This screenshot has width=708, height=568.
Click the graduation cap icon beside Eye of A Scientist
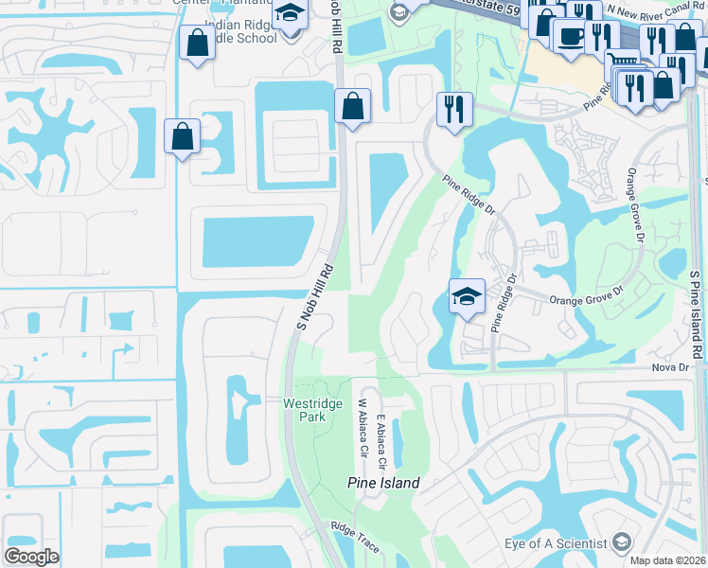pos(622,542)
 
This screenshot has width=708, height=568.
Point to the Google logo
pos(31,556)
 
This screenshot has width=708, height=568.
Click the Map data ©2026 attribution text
pos(668,560)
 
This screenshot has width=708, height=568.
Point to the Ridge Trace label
pos(355,531)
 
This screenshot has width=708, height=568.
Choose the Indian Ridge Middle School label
pos(240,31)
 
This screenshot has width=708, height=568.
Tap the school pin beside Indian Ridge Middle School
pos(289,15)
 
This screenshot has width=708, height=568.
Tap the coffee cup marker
pos(571,36)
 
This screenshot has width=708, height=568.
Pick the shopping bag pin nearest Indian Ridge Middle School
pos(197,44)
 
